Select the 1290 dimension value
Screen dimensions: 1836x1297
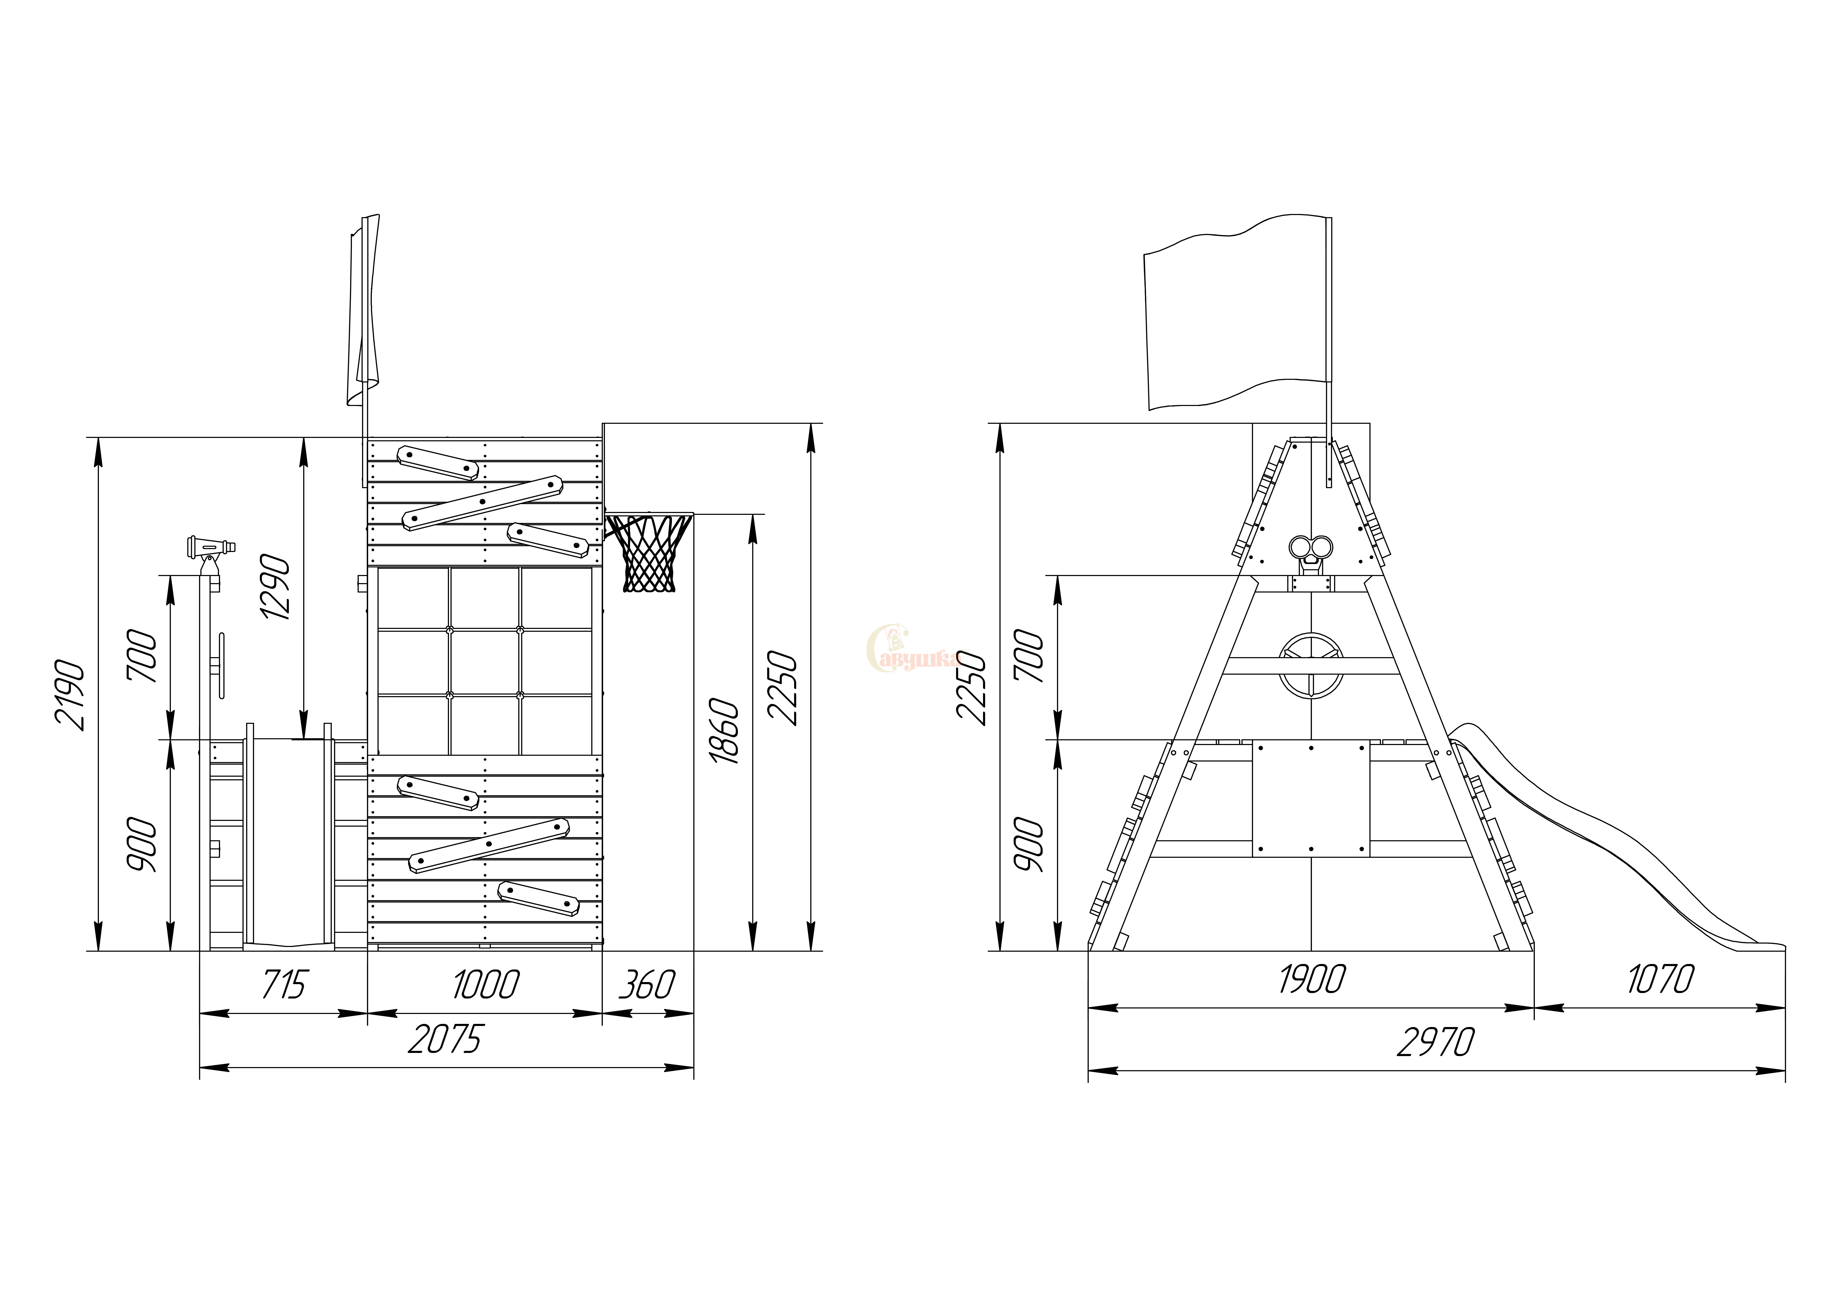(x=275, y=587)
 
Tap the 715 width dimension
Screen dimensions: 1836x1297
(x=284, y=984)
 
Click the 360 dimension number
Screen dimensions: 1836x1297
(x=647, y=984)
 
